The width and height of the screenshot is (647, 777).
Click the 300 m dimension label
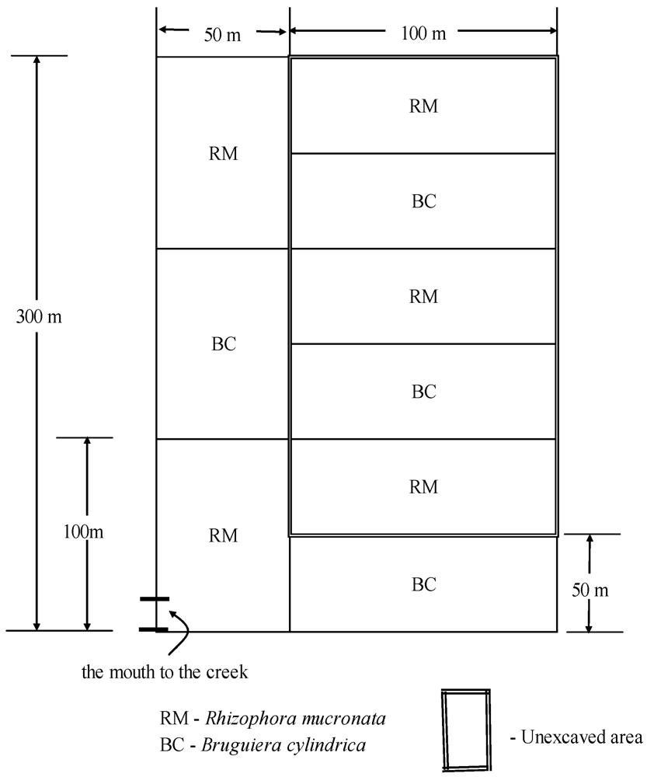pos(38,317)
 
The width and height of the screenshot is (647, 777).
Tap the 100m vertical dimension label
pos(83,533)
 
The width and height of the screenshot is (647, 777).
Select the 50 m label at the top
pos(222,36)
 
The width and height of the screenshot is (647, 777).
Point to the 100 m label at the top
pos(423,33)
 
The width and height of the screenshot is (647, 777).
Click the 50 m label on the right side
pos(590,590)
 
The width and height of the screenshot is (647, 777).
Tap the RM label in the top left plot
pos(223,154)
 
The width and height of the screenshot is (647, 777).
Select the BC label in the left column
pos(223,344)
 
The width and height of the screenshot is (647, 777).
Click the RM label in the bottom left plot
pos(223,535)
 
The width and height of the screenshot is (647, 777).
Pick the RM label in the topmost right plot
pos(423,106)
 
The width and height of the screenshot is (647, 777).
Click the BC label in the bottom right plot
pos(423,584)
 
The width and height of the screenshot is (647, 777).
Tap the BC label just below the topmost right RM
pos(423,201)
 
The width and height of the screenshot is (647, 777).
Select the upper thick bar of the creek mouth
pos(154,599)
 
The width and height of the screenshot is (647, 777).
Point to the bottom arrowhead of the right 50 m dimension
pos(590,625)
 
